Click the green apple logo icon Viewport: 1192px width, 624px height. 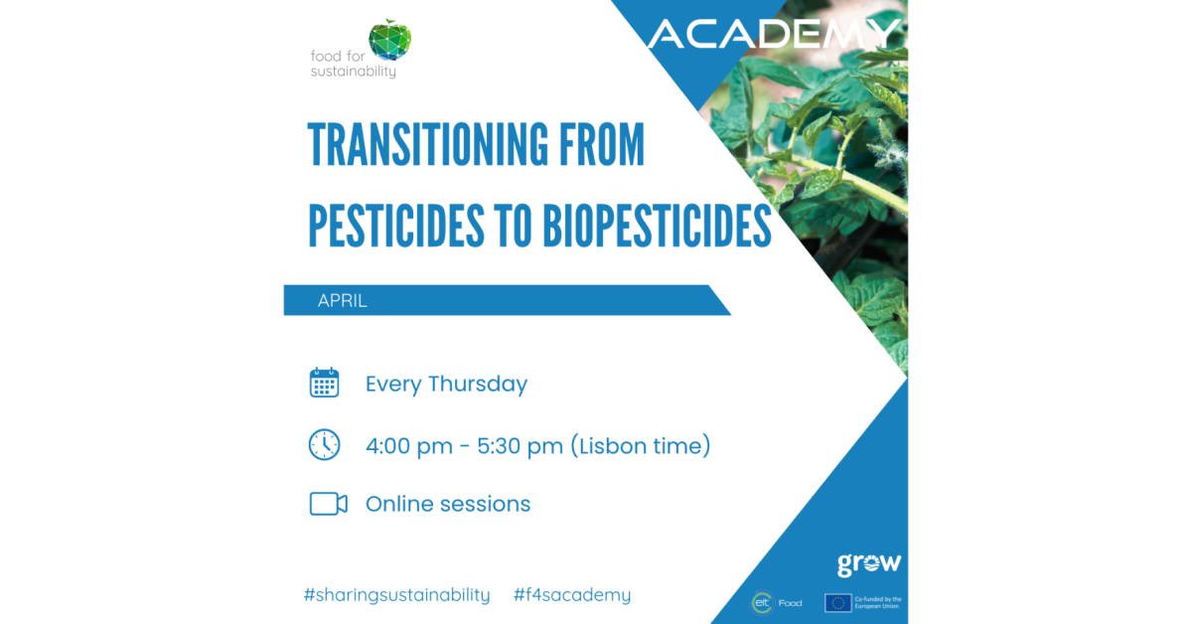[390, 40]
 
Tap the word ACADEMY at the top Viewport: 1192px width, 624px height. [774, 34]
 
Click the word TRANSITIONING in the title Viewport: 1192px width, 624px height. [428, 145]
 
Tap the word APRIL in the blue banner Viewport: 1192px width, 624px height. [342, 301]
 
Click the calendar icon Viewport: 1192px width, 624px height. [324, 383]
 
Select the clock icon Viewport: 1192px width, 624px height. [324, 444]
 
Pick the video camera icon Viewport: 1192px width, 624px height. [329, 504]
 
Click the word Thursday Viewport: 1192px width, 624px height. [478, 384]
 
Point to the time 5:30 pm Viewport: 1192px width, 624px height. [520, 446]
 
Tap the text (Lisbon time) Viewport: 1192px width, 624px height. [641, 445]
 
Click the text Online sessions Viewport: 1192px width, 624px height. [448, 504]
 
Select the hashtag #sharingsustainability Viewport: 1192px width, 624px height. [396, 595]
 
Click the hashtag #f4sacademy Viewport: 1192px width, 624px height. [572, 595]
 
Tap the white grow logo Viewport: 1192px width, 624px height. [869, 564]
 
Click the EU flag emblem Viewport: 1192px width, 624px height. [838, 603]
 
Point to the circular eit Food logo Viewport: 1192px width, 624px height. [762, 603]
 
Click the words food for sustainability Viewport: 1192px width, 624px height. [354, 64]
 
